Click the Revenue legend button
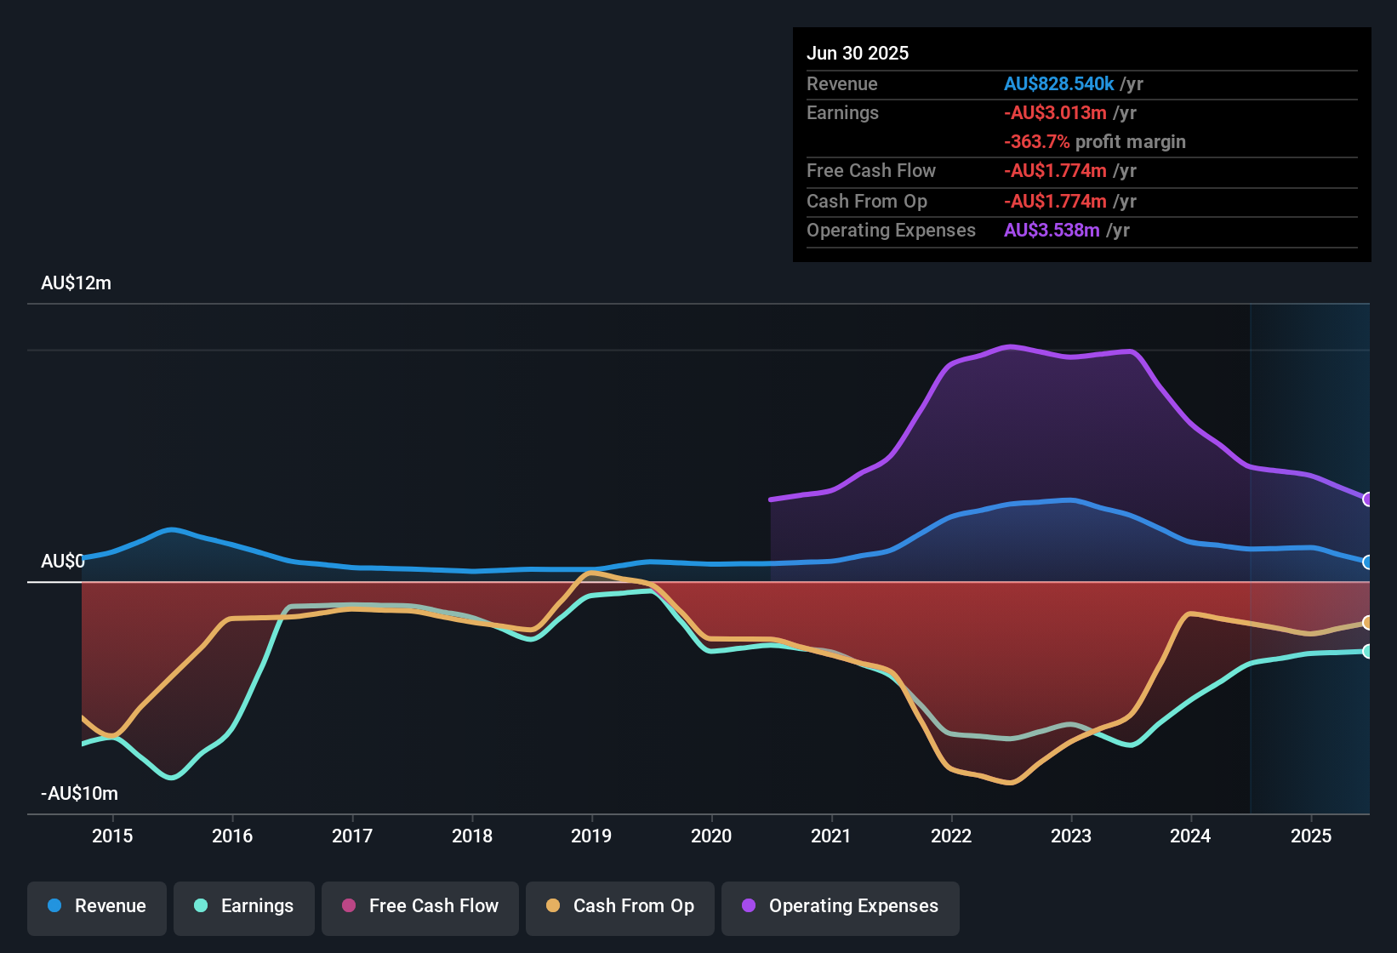tap(97, 906)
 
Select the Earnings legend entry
tap(244, 906)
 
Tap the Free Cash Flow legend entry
tap(420, 906)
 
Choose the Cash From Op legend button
tap(620, 906)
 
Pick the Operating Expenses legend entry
tap(841, 906)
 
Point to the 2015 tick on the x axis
tap(112, 836)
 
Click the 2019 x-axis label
tap(591, 836)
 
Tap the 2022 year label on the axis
tap(951, 836)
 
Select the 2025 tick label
tap(1311, 836)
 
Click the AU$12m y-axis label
tap(76, 283)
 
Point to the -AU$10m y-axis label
tap(79, 794)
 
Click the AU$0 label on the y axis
tap(63, 562)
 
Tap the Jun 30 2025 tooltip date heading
tap(858, 54)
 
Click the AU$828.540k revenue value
tap(1058, 84)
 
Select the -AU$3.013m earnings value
tap(1055, 113)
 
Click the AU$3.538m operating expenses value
tap(1052, 231)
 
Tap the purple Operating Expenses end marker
tap(1367, 499)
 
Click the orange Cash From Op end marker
tap(1367, 623)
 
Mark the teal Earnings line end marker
tap(1367, 651)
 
